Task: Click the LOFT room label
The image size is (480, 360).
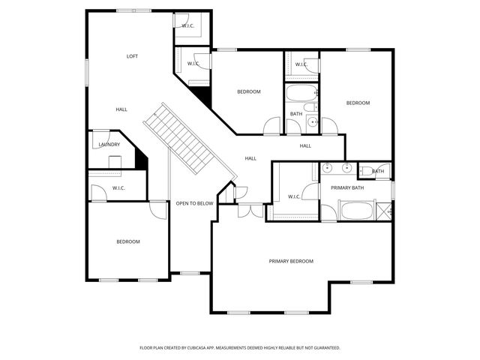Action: click(132, 56)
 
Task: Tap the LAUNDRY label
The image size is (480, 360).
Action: click(109, 145)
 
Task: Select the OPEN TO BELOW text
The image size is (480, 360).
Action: click(194, 203)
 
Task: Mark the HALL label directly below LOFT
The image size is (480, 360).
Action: click(121, 109)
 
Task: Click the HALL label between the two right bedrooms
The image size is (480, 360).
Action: click(305, 145)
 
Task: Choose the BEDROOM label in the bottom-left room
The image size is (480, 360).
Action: click(127, 241)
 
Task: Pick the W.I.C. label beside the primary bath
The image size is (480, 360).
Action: click(295, 197)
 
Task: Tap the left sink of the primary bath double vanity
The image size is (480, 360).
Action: click(331, 169)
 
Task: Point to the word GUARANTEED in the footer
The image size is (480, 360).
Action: click(323, 348)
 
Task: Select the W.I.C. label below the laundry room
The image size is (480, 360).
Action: click(118, 187)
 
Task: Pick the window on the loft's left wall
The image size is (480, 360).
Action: click(88, 72)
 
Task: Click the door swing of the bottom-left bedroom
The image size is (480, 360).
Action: click(157, 210)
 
